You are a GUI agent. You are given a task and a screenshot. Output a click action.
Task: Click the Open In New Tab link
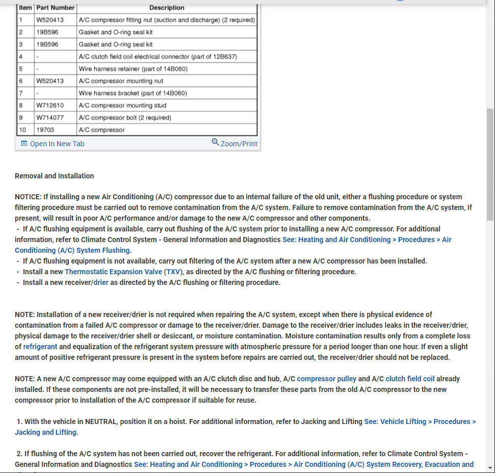(57, 144)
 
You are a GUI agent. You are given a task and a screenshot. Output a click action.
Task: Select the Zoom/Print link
(239, 144)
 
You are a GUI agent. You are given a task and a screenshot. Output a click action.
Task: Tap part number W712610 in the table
(50, 106)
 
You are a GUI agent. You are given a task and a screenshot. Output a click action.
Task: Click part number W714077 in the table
(50, 118)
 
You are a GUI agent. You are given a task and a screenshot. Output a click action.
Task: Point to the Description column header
(167, 8)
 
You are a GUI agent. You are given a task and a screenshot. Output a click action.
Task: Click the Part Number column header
(56, 8)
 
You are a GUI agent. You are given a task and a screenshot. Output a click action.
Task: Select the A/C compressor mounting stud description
(122, 106)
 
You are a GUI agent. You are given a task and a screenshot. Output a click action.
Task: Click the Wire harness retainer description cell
(133, 69)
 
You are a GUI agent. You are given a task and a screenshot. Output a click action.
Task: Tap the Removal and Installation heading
(54, 176)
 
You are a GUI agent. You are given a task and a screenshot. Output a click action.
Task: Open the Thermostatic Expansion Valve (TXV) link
(123, 272)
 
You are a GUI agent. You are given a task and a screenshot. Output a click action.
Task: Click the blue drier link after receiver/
(101, 282)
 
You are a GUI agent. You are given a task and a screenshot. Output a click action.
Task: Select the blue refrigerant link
(40, 347)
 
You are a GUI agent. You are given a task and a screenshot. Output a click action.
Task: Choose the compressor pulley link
(326, 379)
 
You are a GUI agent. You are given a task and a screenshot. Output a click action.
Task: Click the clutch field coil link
(410, 379)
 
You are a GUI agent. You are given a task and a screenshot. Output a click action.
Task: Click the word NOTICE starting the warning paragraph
(27, 197)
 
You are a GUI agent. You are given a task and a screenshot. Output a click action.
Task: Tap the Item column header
(25, 8)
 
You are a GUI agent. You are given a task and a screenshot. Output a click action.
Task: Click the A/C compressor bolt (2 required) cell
(125, 118)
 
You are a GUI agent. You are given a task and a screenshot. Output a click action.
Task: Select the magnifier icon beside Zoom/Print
(215, 142)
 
